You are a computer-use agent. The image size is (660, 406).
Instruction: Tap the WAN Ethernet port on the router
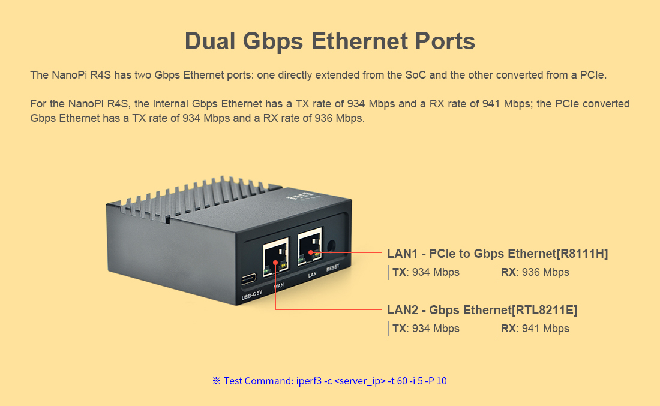point(275,256)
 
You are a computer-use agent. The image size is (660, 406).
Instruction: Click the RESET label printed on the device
point(332,269)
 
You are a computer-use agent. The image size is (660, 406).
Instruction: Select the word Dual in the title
point(211,41)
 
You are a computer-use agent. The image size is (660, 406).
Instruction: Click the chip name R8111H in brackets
point(583,254)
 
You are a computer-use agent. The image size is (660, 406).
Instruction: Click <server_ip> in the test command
point(360,381)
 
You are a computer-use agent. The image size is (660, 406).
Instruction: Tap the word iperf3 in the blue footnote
point(308,381)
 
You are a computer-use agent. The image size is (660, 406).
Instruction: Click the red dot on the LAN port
point(311,252)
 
